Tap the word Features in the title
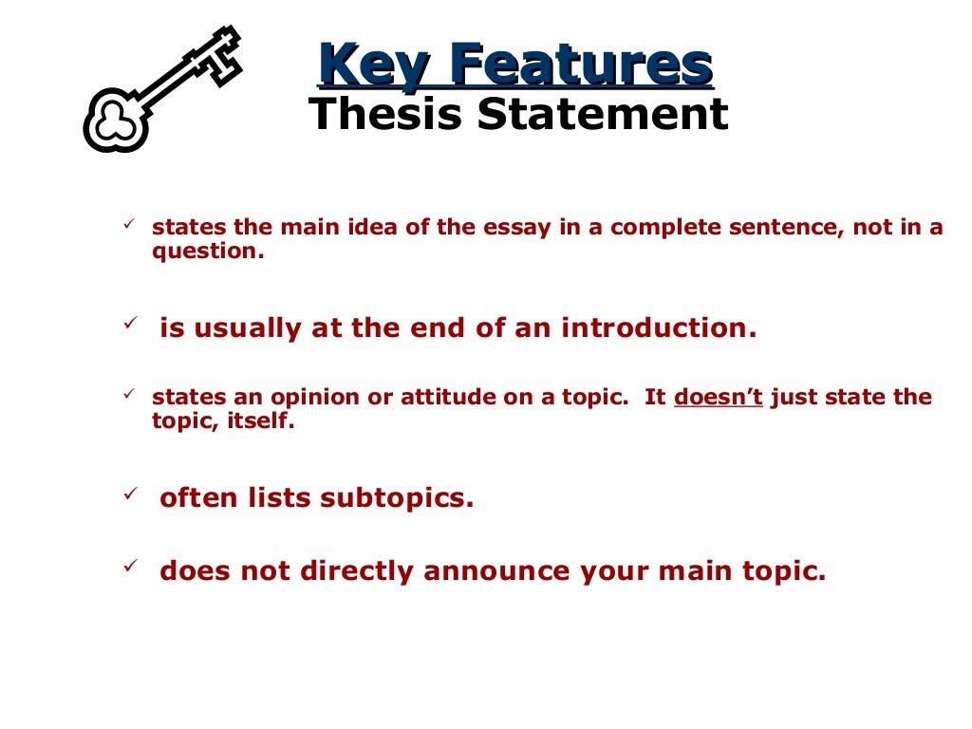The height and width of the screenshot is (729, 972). click(x=580, y=65)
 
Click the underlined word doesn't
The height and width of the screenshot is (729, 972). click(x=719, y=398)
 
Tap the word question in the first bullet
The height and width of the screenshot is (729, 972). click(x=203, y=253)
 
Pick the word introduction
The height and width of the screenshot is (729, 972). click(x=659, y=328)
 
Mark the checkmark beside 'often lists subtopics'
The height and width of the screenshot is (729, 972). click(x=131, y=494)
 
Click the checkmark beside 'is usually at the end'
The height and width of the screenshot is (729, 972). click(x=131, y=324)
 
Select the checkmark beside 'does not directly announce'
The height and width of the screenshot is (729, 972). click(x=131, y=567)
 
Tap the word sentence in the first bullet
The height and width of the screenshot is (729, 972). click(x=784, y=229)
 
